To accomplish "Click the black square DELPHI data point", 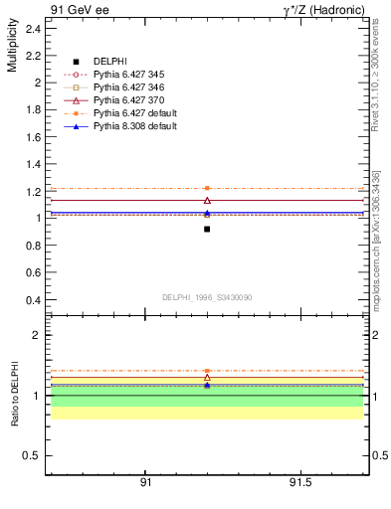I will tap(207, 229).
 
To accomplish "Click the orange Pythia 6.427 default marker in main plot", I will tap(207, 188).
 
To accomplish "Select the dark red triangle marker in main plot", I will tap(207, 201).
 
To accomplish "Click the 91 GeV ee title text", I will tap(79, 11).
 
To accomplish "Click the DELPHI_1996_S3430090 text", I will tap(206, 297).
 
